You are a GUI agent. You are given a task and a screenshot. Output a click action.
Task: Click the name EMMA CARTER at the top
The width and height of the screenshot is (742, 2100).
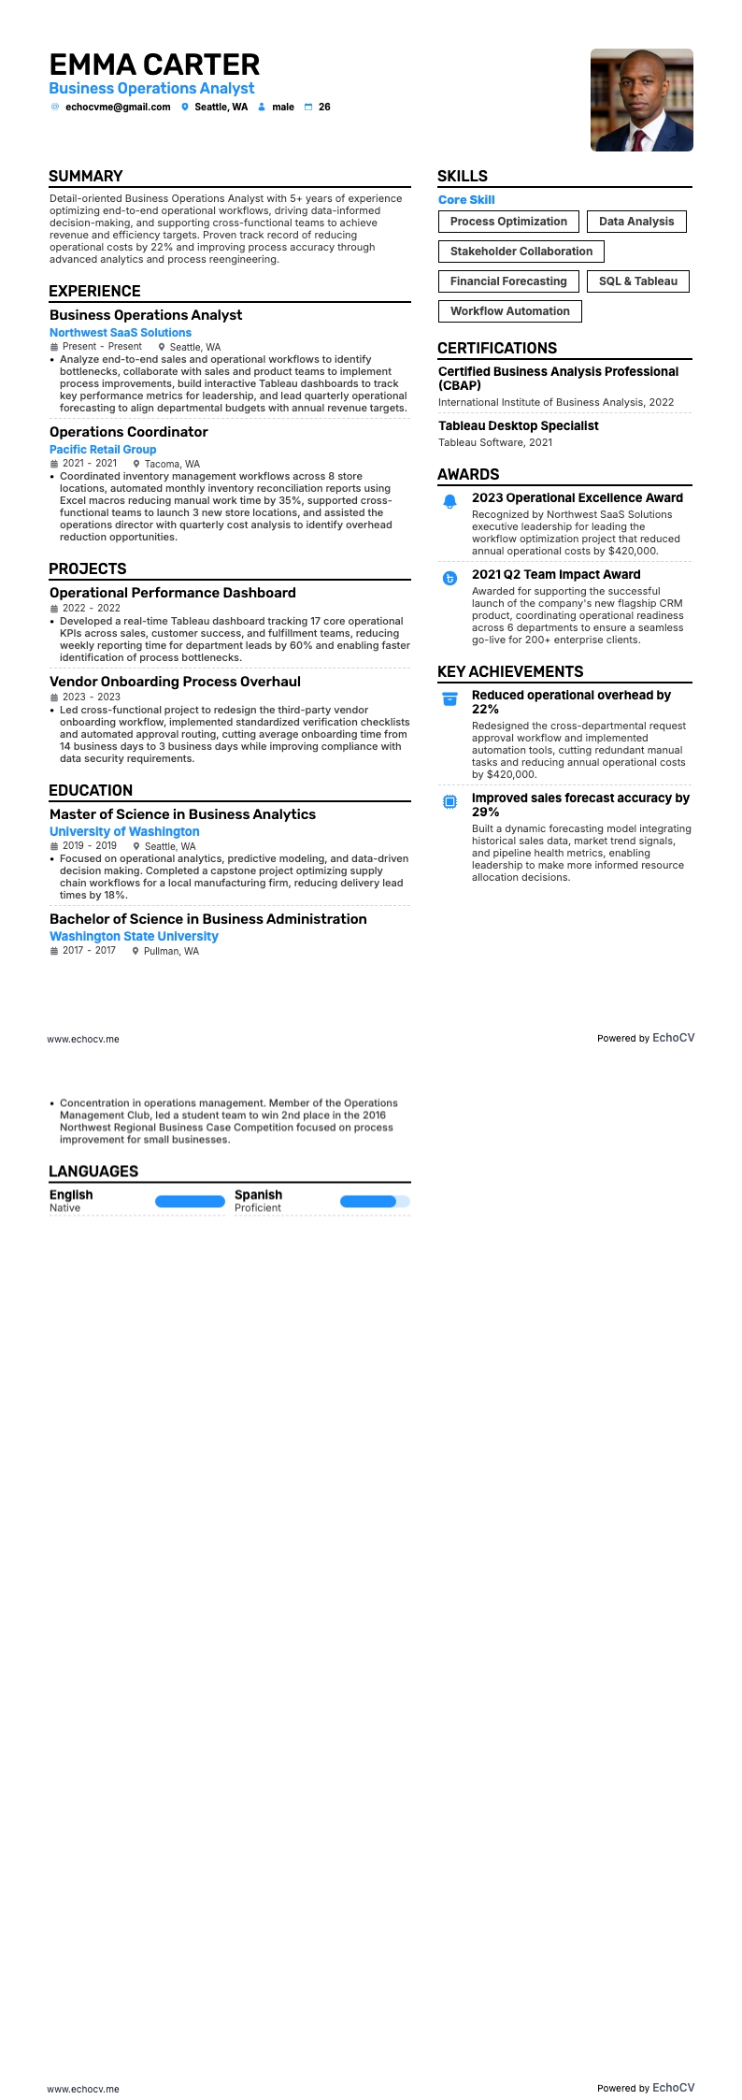[154, 65]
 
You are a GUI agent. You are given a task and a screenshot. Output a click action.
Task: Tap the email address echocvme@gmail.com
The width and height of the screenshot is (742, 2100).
[118, 108]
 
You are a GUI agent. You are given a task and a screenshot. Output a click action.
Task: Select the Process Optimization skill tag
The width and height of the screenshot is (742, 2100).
[508, 222]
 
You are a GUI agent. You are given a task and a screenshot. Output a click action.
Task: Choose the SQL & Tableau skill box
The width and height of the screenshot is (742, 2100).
[637, 281]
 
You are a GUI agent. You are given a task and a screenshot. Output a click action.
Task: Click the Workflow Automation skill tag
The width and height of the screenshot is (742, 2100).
[509, 311]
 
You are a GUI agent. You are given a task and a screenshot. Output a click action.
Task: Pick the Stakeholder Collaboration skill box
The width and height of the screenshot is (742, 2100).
[521, 252]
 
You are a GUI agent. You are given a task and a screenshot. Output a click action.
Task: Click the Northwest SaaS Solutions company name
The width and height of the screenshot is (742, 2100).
[121, 333]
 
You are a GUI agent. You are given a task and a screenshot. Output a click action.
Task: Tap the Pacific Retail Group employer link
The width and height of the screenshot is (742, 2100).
[103, 450]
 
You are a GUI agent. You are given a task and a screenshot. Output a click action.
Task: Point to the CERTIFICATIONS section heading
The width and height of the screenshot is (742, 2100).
[497, 348]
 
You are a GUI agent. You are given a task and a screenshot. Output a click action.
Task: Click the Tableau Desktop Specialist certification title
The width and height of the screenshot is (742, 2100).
[519, 426]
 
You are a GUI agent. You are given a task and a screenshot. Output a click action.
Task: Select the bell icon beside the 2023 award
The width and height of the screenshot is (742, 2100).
[449, 501]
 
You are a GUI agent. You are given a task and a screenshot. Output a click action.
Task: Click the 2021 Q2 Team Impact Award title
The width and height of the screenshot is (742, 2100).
[556, 575]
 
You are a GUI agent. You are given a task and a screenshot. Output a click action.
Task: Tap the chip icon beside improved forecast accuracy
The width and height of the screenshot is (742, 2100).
[449, 801]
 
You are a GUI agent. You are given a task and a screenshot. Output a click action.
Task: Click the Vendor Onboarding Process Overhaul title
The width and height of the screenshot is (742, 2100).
[175, 682]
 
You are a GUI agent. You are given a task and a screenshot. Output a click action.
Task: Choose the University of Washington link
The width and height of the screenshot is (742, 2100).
[124, 832]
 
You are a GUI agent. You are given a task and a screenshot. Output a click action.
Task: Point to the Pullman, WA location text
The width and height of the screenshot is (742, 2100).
[171, 951]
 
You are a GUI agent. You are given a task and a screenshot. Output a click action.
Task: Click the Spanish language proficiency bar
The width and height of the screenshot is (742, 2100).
[374, 1201]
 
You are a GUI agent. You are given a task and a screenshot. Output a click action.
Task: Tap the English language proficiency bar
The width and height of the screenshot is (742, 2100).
[190, 1201]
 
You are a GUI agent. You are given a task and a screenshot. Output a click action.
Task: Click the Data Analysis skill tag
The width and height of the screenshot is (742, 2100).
[635, 222]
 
